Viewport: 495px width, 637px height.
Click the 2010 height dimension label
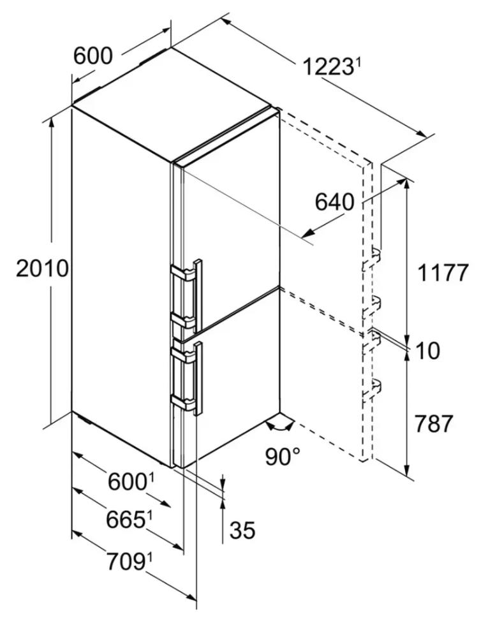pyautogui.click(x=42, y=269)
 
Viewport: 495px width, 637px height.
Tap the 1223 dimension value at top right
pyautogui.click(x=327, y=67)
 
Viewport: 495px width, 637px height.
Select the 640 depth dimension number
pyautogui.click(x=334, y=201)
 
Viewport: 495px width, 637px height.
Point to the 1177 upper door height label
pyautogui.click(x=443, y=273)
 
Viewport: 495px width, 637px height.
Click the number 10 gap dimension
pyautogui.click(x=427, y=351)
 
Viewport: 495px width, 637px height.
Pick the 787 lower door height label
pyautogui.click(x=433, y=424)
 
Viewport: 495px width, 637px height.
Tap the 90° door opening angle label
pyautogui.click(x=283, y=456)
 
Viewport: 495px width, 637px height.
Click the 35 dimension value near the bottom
pyautogui.click(x=242, y=530)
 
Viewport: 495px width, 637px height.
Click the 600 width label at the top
pyautogui.click(x=92, y=56)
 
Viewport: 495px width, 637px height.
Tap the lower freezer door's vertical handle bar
pyautogui.click(x=198, y=379)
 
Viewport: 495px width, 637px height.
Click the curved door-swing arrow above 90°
pyautogui.click(x=279, y=426)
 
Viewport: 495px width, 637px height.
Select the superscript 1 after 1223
pyautogui.click(x=358, y=62)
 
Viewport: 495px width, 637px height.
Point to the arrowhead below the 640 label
pyautogui.click(x=308, y=233)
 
